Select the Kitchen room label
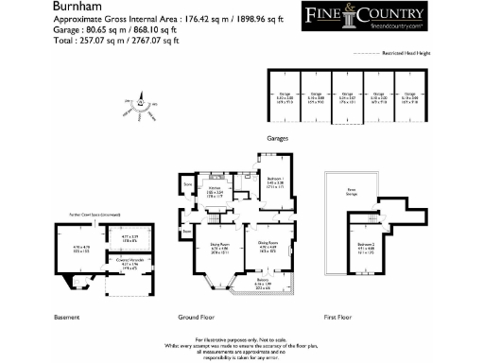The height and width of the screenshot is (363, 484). [216, 190]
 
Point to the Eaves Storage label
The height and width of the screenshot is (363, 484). [352, 189]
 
